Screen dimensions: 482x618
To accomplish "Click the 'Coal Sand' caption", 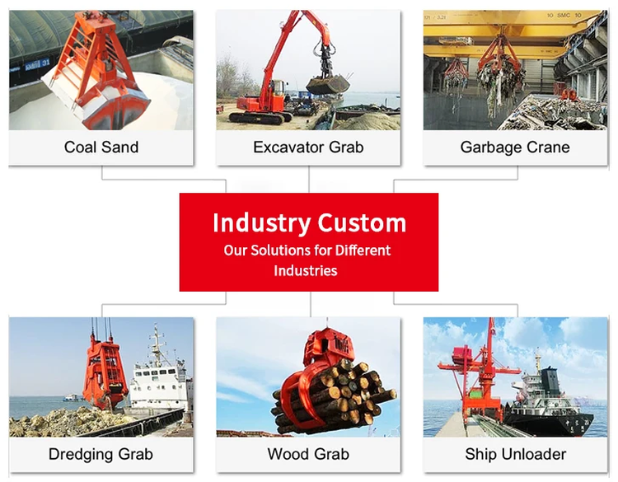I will (x=101, y=147).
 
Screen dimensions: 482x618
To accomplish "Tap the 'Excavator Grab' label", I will (x=308, y=147).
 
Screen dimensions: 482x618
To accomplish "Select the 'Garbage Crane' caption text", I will (x=515, y=147).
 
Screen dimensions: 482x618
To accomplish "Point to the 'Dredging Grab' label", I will (x=101, y=454).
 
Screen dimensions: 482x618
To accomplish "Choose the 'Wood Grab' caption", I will (x=308, y=454).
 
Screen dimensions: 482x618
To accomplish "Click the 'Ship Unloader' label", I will (x=515, y=454).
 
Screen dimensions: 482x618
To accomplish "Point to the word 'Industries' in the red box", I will (x=306, y=270).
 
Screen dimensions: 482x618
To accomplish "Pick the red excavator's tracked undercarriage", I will (x=260, y=116).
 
